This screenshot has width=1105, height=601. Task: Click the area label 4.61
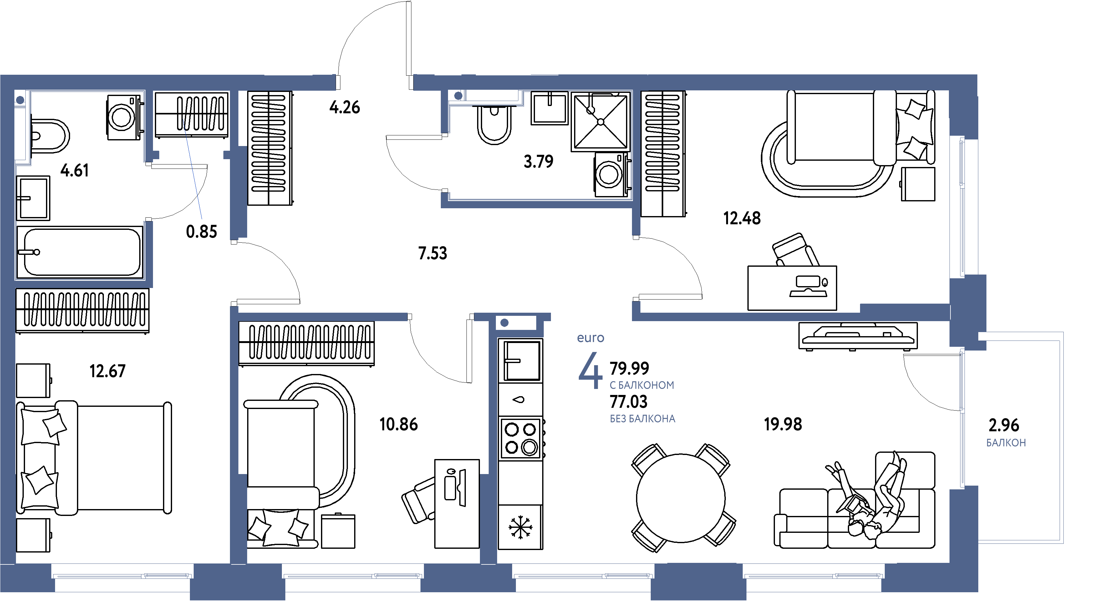75,171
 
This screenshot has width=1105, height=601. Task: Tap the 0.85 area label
201,232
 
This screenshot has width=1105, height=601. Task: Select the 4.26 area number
344,107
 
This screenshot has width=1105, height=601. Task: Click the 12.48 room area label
742,219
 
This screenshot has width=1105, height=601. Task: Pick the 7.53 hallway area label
432,253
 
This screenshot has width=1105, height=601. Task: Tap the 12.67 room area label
107,371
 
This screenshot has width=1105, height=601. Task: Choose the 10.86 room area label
399,424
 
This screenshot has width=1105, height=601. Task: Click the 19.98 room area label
783,424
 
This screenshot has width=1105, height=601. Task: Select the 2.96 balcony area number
1003,425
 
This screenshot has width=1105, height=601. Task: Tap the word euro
590,338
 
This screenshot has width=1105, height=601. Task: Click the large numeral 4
590,371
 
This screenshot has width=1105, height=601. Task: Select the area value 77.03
629,402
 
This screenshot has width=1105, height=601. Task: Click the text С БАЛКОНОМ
642,385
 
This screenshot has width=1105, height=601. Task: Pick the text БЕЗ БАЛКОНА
643,419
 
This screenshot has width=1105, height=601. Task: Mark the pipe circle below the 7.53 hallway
504,323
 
